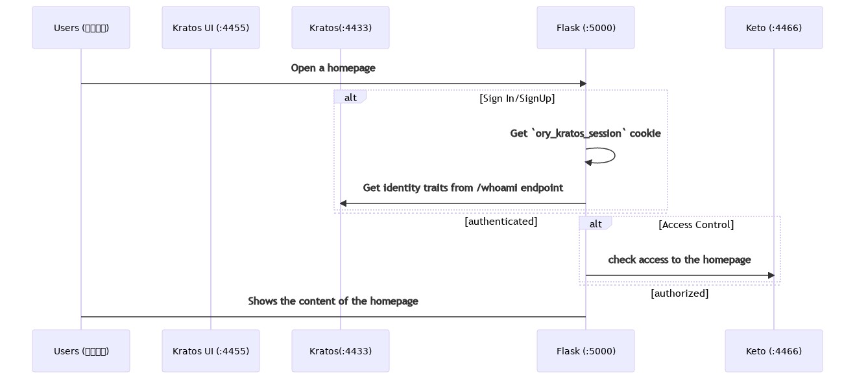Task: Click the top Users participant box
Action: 81,28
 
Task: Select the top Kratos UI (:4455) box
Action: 211,28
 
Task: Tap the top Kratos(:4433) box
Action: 341,28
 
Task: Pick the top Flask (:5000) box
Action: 586,28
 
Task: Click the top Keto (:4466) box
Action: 774,28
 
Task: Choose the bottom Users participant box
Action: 81,351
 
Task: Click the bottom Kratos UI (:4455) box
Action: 211,351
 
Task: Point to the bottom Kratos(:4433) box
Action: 341,351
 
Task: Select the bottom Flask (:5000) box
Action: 586,351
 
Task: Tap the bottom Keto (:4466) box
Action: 774,351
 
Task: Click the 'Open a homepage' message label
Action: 333,68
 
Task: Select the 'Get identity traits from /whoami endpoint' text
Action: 463,188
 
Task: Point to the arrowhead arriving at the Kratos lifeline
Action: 344,203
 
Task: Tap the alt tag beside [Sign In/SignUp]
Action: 350,97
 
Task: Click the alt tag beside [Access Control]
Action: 596,224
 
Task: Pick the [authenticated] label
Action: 501,222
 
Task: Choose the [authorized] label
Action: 679,293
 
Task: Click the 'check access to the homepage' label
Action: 679,260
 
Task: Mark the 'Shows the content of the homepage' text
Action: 333,301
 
